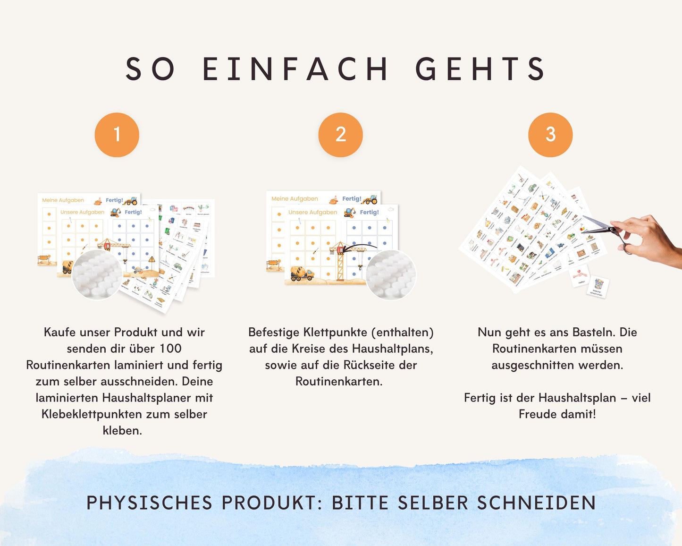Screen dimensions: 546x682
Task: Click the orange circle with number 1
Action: click(x=117, y=135)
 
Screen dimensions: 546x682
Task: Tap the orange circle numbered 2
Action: click(x=340, y=135)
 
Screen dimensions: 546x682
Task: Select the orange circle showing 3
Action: click(x=550, y=135)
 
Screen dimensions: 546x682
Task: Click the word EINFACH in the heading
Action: click(x=295, y=69)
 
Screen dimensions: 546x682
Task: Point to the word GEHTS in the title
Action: click(x=480, y=69)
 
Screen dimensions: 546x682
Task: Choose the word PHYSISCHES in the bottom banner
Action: click(x=149, y=503)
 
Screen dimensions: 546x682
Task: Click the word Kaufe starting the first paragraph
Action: click(x=59, y=332)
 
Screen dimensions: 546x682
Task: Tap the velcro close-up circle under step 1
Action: click(x=97, y=275)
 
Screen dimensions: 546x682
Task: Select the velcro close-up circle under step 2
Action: click(x=390, y=275)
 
